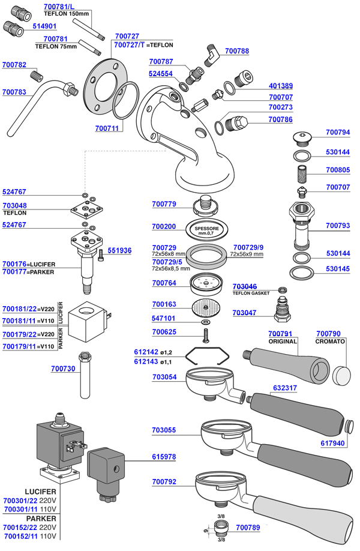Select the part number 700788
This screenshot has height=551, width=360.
click(236, 52)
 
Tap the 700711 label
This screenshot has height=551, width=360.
click(107, 128)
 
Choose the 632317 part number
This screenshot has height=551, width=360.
click(285, 388)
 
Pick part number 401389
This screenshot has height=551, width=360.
click(281, 86)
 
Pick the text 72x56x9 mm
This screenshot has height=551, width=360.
click(247, 254)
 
